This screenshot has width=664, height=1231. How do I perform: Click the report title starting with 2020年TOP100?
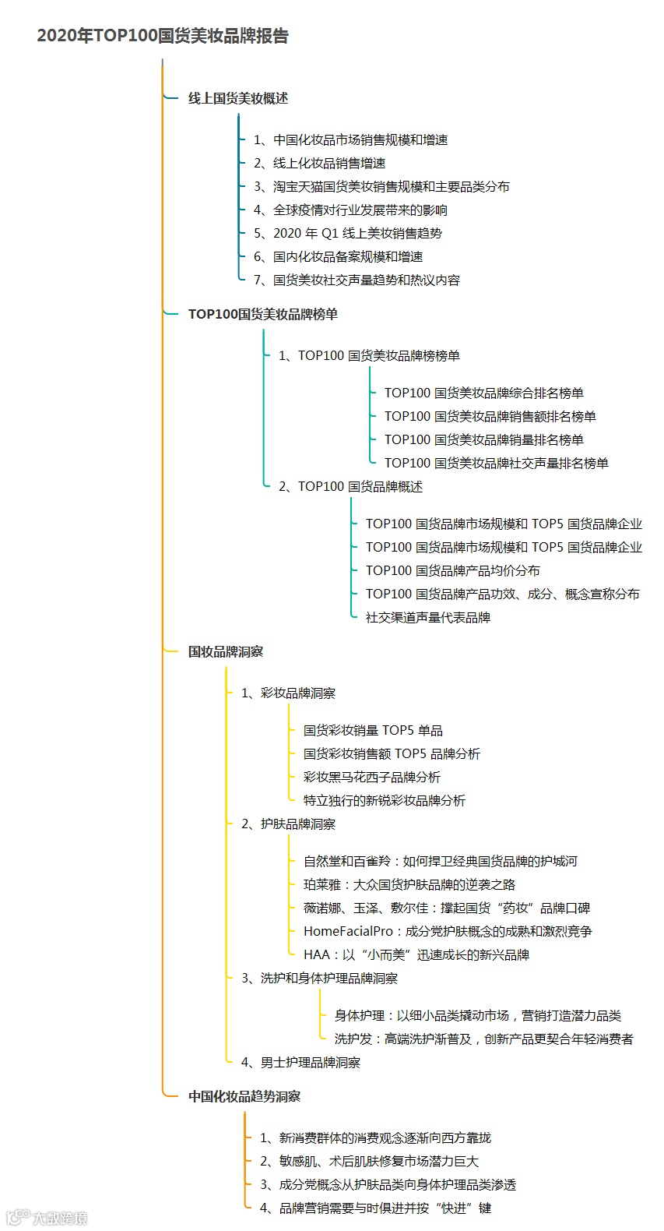pyautogui.click(x=163, y=36)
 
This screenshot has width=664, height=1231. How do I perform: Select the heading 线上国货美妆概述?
pyautogui.click(x=238, y=98)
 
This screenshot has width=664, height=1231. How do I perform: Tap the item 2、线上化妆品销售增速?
pyautogui.click(x=319, y=164)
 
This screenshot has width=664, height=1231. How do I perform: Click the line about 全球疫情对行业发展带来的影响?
pyautogui.click(x=350, y=210)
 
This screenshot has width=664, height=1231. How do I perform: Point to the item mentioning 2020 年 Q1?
pyautogui.click(x=348, y=234)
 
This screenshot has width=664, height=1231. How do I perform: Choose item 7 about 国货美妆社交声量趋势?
pyautogui.click(x=357, y=280)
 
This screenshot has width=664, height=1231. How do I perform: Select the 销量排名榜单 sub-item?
pyautogui.click(x=483, y=440)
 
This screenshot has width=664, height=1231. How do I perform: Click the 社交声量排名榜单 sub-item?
pyautogui.click(x=496, y=464)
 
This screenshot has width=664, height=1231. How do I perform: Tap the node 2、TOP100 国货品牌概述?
pyautogui.click(x=350, y=487)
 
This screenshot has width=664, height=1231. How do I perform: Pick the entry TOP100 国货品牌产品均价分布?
pyautogui.click(x=452, y=571)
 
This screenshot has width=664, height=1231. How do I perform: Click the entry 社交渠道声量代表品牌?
pyautogui.click(x=428, y=618)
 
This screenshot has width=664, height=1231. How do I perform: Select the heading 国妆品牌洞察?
pyautogui.click(x=226, y=652)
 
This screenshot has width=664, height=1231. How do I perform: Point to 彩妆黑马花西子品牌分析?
pyautogui.click(x=372, y=778)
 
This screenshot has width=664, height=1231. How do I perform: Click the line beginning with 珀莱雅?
pyautogui.click(x=409, y=885)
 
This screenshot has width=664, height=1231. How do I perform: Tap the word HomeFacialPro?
pyautogui.click(x=348, y=932)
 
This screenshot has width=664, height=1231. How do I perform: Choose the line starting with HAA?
pyautogui.click(x=416, y=955)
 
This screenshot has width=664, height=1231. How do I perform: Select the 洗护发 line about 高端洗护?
pyautogui.click(x=483, y=1039)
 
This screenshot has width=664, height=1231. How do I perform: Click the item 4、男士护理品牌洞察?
pyautogui.click(x=300, y=1063)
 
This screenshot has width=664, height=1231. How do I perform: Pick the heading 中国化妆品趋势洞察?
pyautogui.click(x=244, y=1097)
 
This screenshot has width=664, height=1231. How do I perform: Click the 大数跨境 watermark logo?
pyautogui.click(x=47, y=1217)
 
